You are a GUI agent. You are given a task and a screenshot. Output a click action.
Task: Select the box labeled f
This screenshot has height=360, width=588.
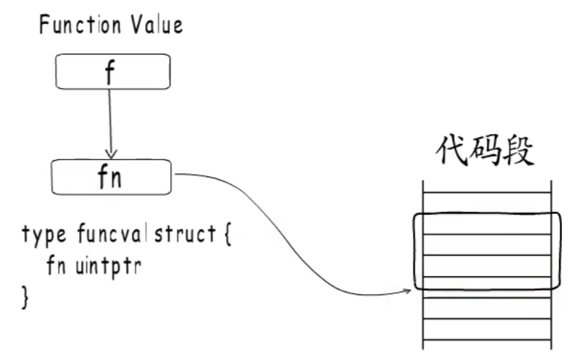point(112,72)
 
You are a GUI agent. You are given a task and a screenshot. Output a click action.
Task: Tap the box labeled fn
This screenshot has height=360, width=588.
point(111,177)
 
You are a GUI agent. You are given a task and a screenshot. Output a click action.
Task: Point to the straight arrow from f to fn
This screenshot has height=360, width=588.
point(110,120)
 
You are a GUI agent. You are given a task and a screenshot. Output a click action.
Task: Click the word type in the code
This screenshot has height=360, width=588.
point(43,235)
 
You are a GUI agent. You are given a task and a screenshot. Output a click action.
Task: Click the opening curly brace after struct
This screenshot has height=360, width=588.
point(226,234)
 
